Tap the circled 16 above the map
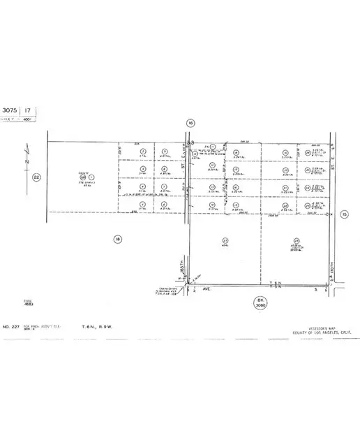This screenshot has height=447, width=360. tap(190, 123)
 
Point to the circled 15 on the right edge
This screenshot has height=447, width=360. tap(344, 215)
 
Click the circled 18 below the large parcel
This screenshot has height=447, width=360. tap(117, 239)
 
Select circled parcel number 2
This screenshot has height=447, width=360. tap(142, 152)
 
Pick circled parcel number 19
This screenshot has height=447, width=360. tap(285, 152)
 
